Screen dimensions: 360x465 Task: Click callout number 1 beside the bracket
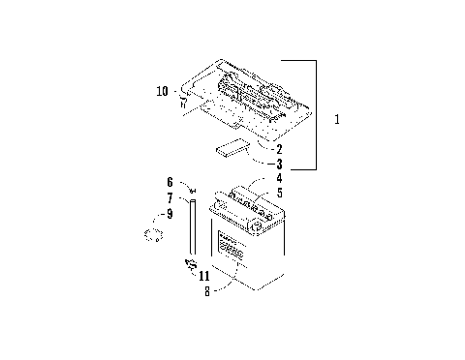[336, 120]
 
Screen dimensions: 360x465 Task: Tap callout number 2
[279, 149]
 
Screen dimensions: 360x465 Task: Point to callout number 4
[278, 179]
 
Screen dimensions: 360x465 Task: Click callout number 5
[278, 194]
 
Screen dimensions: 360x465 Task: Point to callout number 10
[162, 92]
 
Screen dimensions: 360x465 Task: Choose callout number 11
[203, 275]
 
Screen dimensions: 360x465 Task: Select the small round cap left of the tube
[151, 235]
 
